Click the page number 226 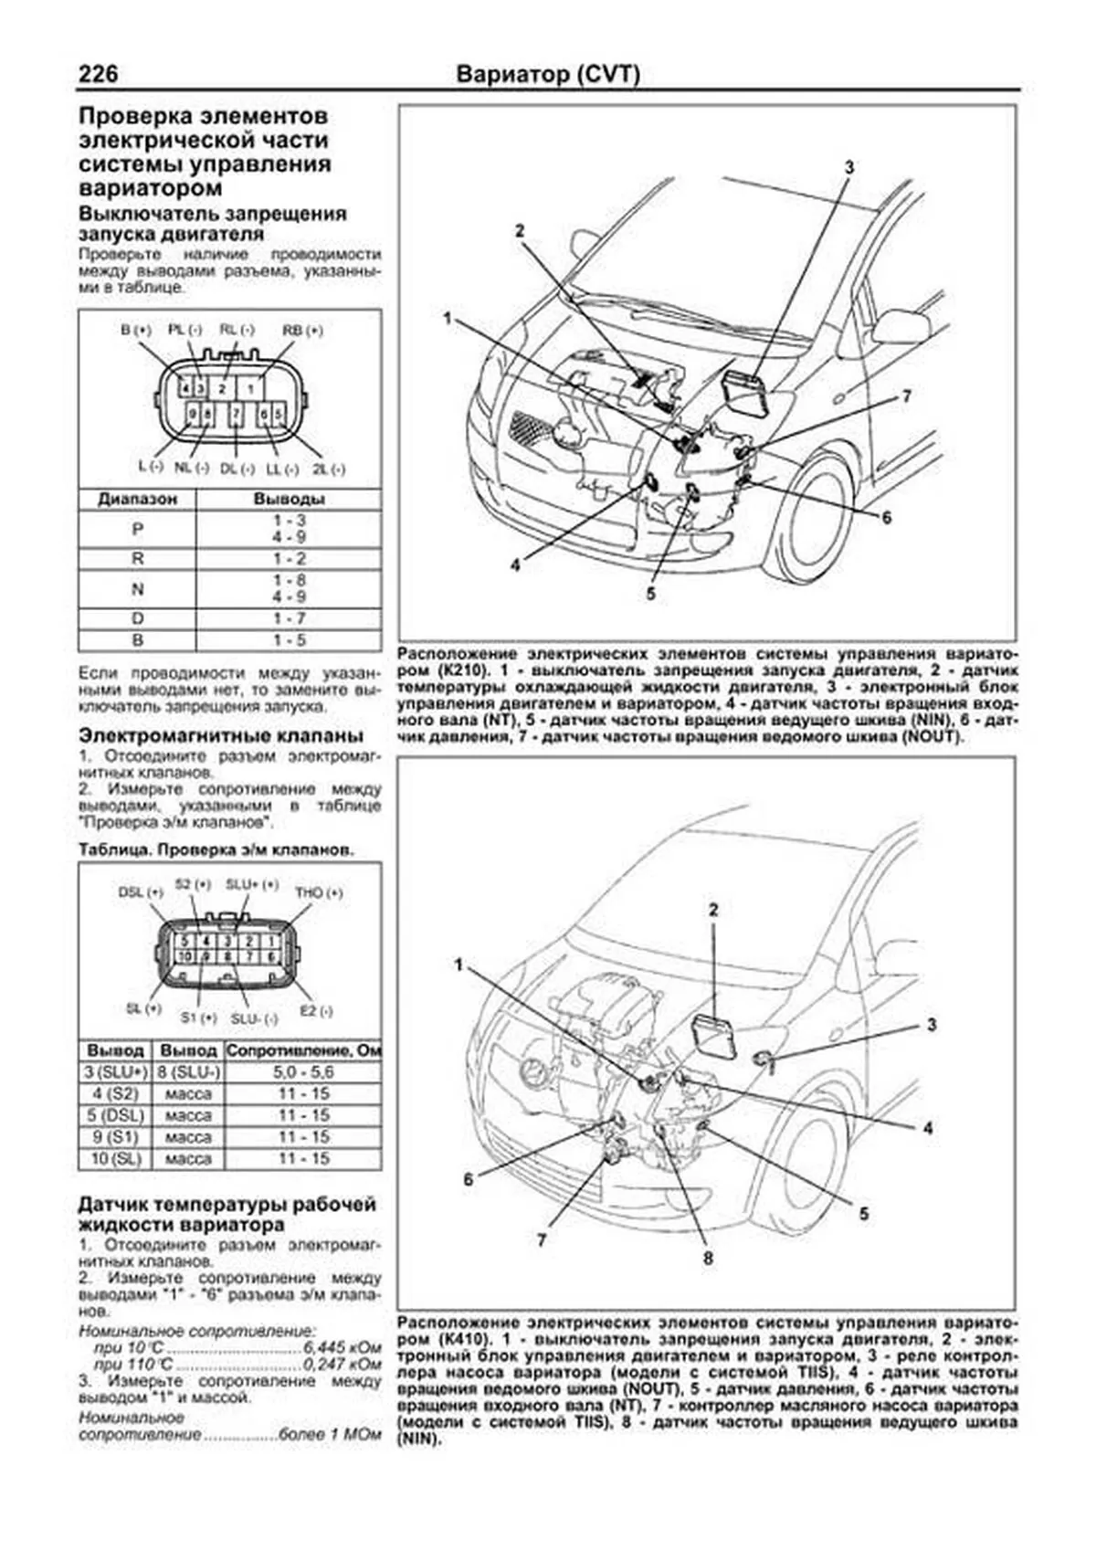coord(100,73)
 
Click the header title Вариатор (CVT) coord(547,74)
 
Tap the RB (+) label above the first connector coord(302,331)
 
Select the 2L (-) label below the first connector coord(328,469)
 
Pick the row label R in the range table coord(138,559)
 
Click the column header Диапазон coord(138,500)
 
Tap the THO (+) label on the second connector coord(319,892)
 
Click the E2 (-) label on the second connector coord(317,1011)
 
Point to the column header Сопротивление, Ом coord(303,1051)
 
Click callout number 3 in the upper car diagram coord(848,168)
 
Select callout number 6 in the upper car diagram coord(886,518)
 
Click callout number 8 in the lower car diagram coord(707,1259)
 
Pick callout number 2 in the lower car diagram coord(713,910)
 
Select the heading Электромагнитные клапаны coord(221,736)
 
